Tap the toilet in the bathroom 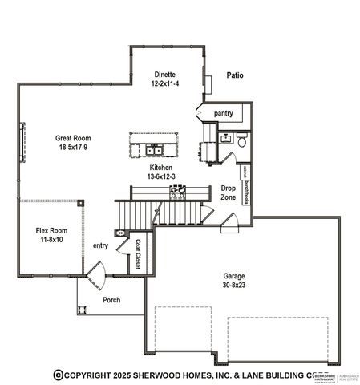pyautogui.click(x=241, y=142)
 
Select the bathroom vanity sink pyautogui.click(x=224, y=140)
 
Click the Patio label pyautogui.click(x=234, y=76)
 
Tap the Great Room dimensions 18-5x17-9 pyautogui.click(x=72, y=148)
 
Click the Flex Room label pyautogui.click(x=51, y=230)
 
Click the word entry pyautogui.click(x=100, y=245)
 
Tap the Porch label pyautogui.click(x=111, y=300)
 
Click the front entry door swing pyautogui.click(x=94, y=282)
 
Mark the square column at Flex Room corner pyautogui.click(x=80, y=203)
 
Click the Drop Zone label pyautogui.click(x=228, y=192)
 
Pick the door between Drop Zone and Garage pyautogui.click(x=229, y=221)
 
